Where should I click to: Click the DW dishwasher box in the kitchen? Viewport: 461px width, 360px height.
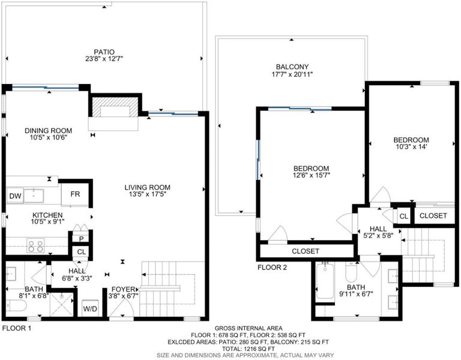pyautogui.click(x=15, y=196)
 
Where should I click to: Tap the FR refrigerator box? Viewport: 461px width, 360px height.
pyautogui.click(x=75, y=194)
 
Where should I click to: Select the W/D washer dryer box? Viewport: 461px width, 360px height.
pyautogui.click(x=89, y=308)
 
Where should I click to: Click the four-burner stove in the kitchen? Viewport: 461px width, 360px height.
pyautogui.click(x=35, y=245)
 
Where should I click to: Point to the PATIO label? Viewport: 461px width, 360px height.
pyautogui.click(x=104, y=52)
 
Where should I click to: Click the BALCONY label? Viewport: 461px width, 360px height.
pyautogui.click(x=292, y=67)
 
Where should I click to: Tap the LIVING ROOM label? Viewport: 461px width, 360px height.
pyautogui.click(x=147, y=187)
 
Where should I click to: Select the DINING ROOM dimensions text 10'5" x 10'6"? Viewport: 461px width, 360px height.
pyautogui.click(x=48, y=137)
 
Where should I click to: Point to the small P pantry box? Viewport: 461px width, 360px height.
pyautogui.click(x=81, y=238)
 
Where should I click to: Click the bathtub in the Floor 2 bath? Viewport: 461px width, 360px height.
pyautogui.click(x=325, y=281)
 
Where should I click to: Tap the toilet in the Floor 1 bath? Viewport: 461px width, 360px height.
pyautogui.click(x=16, y=305)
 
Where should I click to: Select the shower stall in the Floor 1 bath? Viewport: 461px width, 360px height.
pyautogui.click(x=61, y=304)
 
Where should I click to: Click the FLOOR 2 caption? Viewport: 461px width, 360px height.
pyautogui.click(x=272, y=268)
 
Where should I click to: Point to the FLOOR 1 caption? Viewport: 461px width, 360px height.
pyautogui.click(x=16, y=328)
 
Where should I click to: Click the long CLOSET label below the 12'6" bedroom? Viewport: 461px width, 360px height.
pyautogui.click(x=306, y=251)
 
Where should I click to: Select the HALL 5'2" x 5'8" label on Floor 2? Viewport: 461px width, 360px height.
pyautogui.click(x=378, y=232)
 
